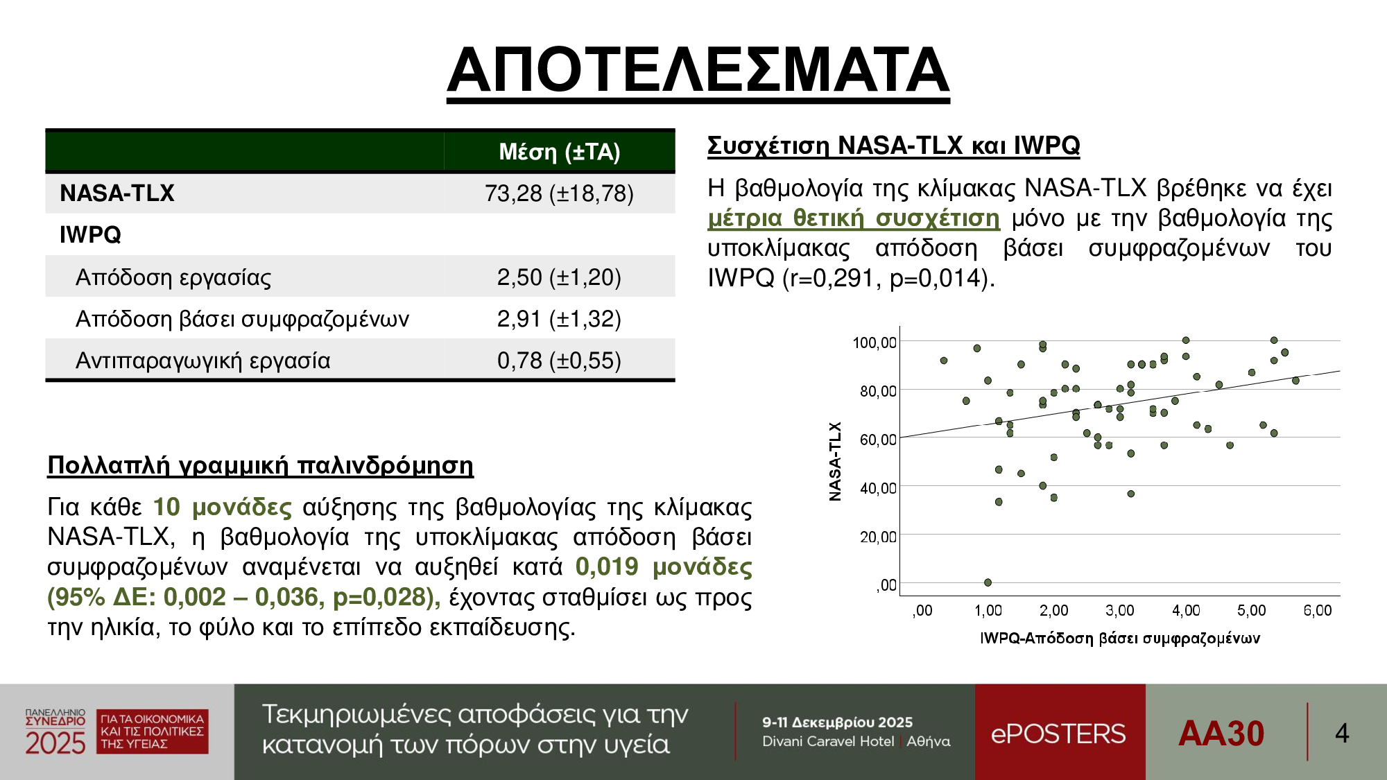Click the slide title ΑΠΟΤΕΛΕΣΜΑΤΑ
[x=698, y=70]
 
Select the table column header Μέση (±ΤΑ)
[x=560, y=152]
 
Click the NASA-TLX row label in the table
[x=117, y=193]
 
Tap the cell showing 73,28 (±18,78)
[x=559, y=193]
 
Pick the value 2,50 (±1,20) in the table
[x=559, y=277]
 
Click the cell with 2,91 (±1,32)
[x=559, y=319]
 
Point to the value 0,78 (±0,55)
[x=559, y=361]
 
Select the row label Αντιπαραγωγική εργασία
[x=203, y=361]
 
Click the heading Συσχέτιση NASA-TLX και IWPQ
[x=894, y=146]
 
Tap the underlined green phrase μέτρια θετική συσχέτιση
[x=854, y=218]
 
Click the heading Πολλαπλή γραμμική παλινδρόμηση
[x=260, y=465]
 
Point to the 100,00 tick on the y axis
[x=875, y=343]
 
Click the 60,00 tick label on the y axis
[x=878, y=440]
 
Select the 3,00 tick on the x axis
[x=1119, y=610]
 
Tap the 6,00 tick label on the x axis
[x=1318, y=610]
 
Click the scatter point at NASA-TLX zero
[x=988, y=582]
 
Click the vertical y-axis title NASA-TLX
[x=835, y=461]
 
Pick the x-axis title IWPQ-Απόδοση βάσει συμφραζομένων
[x=1120, y=639]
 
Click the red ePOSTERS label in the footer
[x=1058, y=734]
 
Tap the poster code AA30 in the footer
[x=1221, y=734]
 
